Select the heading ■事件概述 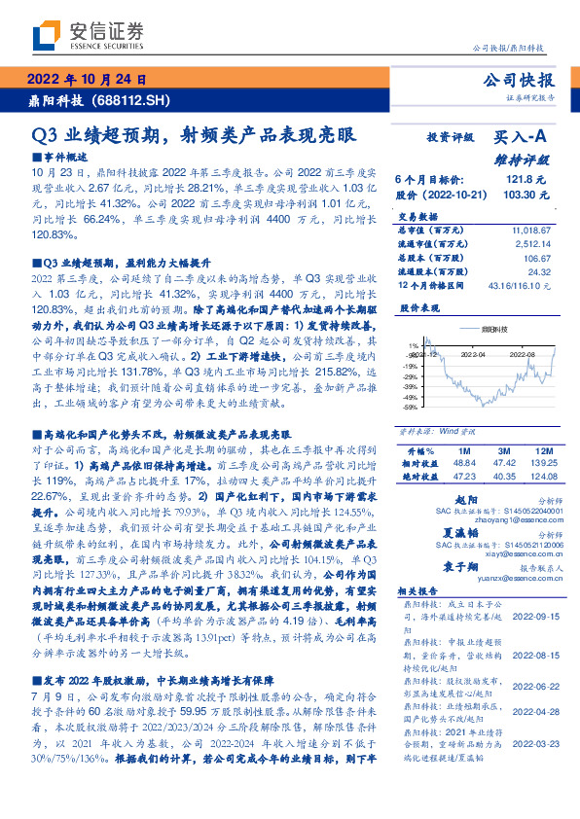tap(57, 157)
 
